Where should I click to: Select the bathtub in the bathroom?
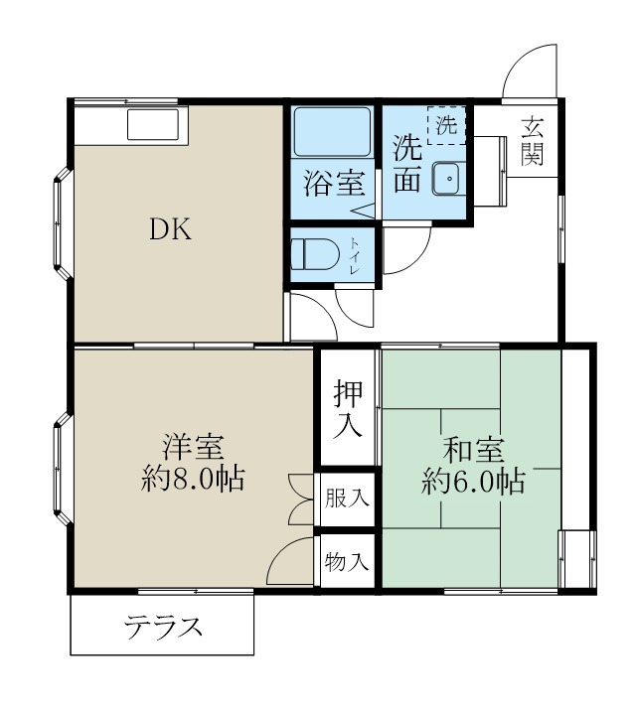tap(332, 130)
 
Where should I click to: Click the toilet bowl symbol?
tap(316, 252)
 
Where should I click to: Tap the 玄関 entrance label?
tap(534, 140)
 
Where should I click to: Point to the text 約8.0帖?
tap(194, 481)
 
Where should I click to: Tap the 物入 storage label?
tap(347, 562)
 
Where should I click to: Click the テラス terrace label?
tap(163, 628)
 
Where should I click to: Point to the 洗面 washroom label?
tap(406, 165)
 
